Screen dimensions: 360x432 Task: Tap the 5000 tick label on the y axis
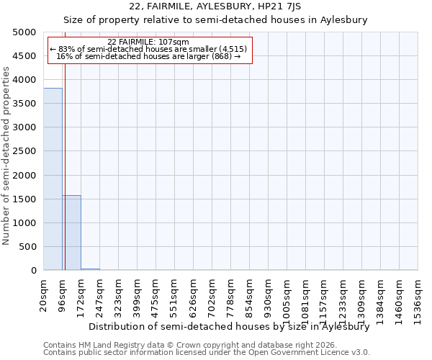tap(24, 32)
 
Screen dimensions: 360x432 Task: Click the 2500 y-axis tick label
tap(24, 151)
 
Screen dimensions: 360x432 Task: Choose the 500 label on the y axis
tap(27, 247)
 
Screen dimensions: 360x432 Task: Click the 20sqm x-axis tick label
tap(44, 293)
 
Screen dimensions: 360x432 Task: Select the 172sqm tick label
tap(81, 293)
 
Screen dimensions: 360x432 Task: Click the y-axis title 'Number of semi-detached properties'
tap(7, 156)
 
